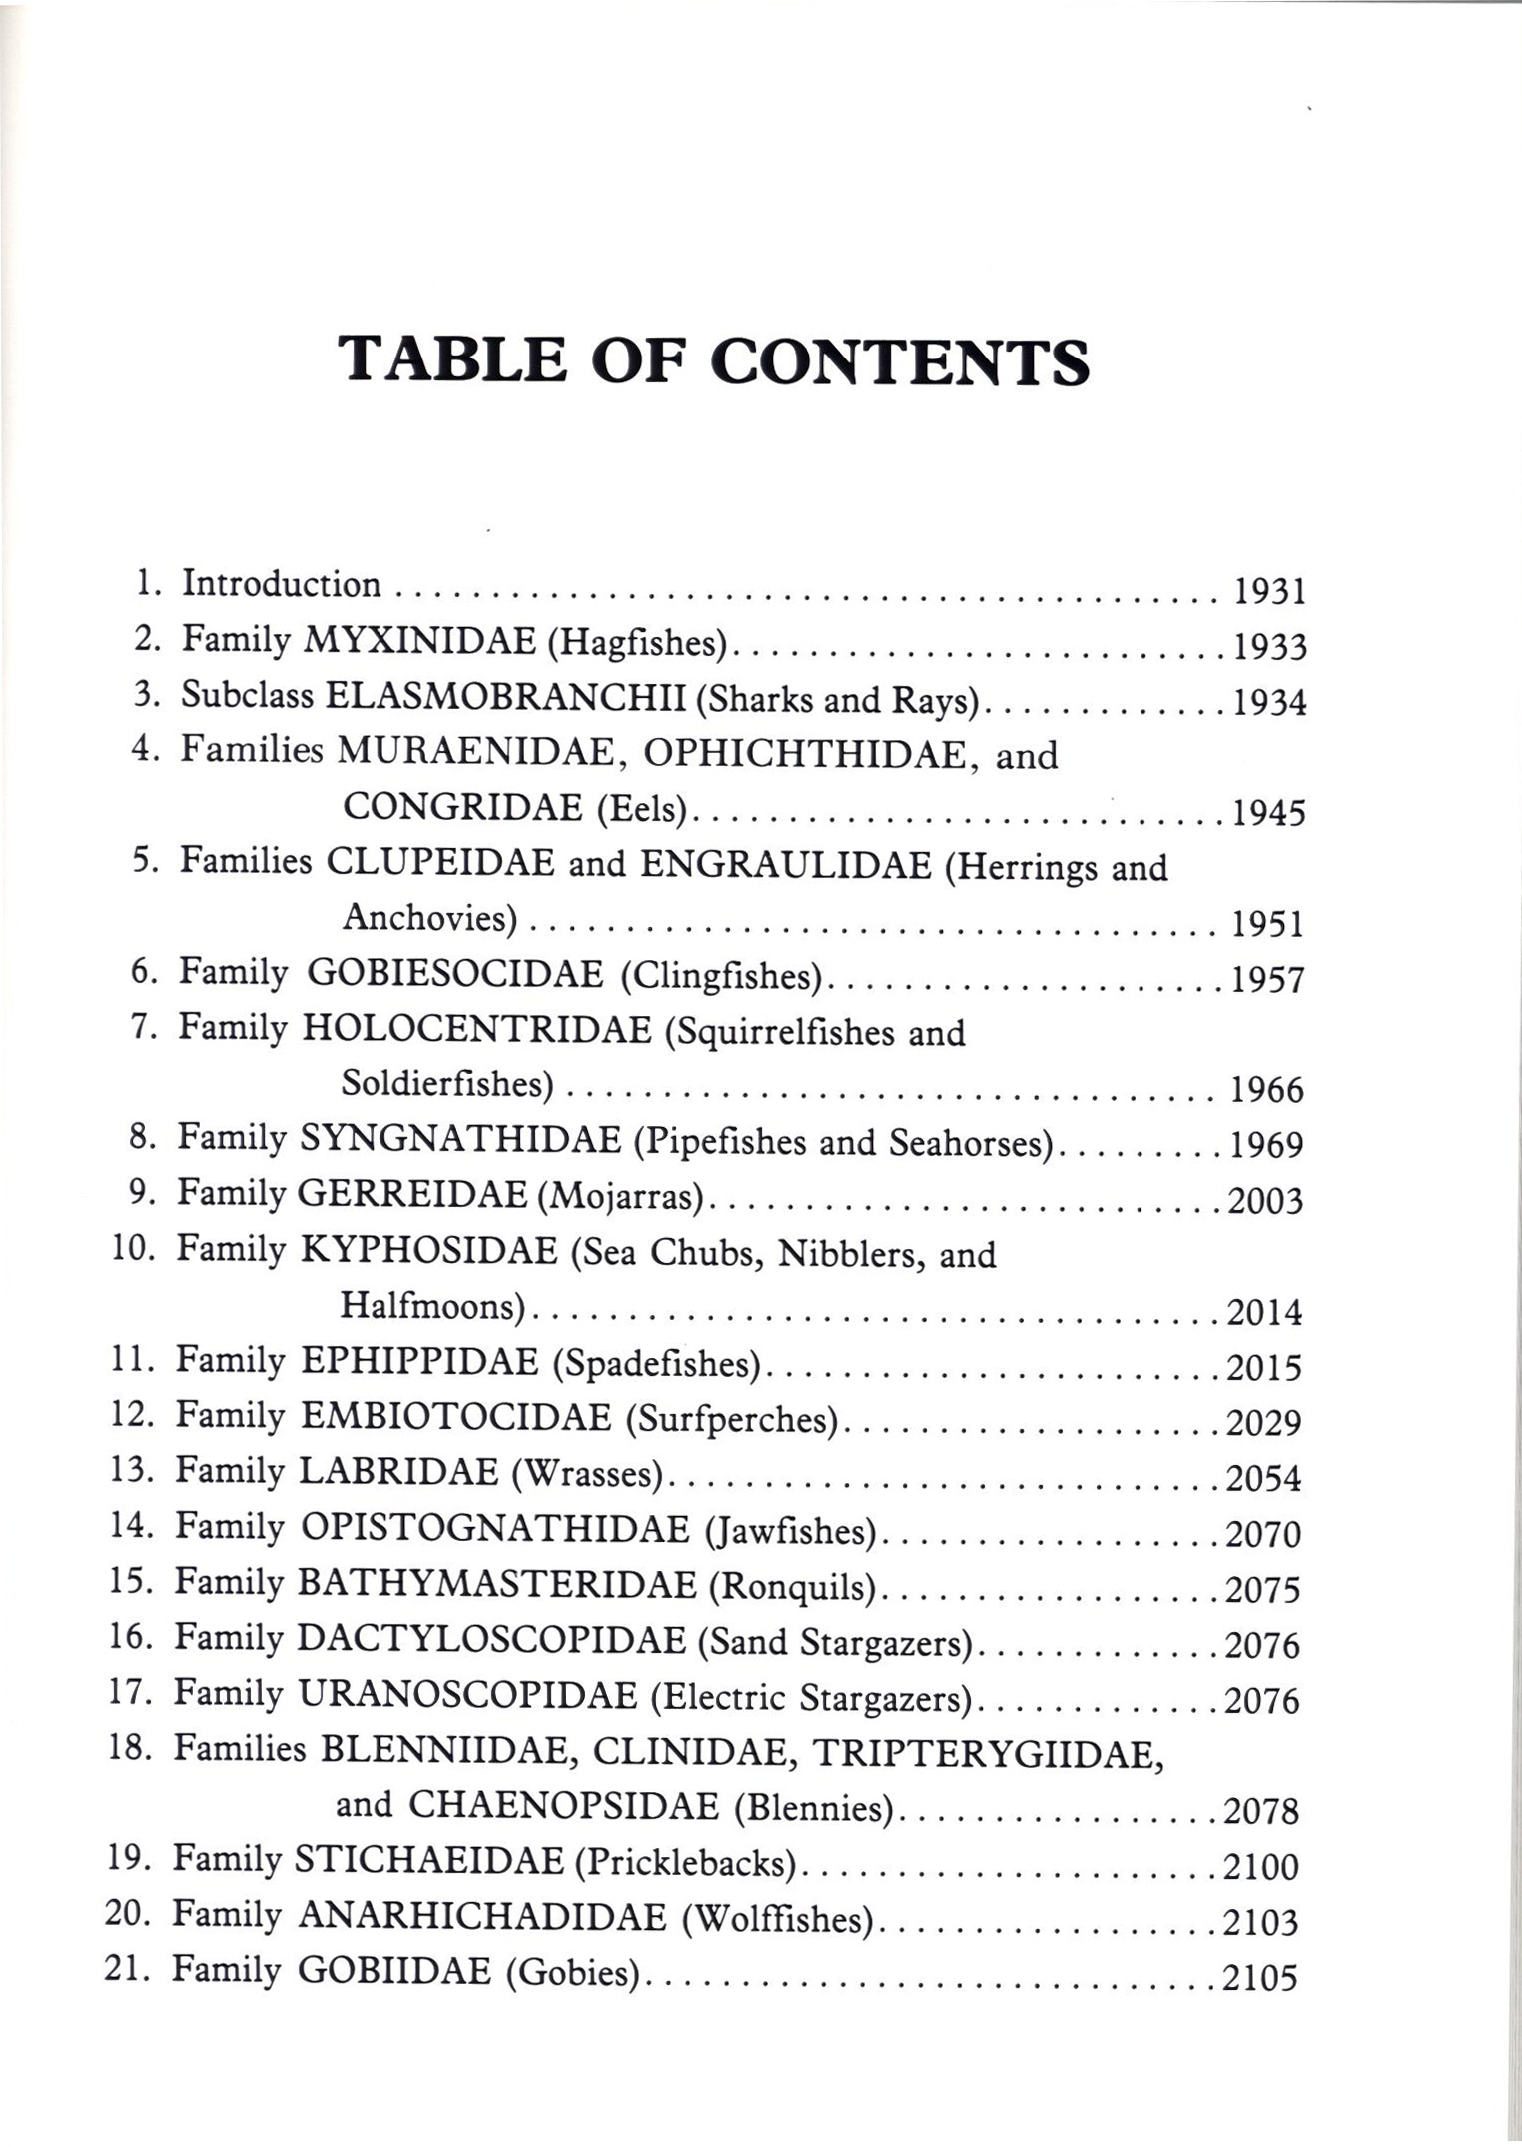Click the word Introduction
[x=281, y=584]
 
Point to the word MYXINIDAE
[x=418, y=640]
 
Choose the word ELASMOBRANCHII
[x=505, y=696]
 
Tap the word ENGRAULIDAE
[x=785, y=864]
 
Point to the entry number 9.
[x=141, y=1192]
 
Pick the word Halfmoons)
[x=433, y=1306]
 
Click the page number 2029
[x=1264, y=1423]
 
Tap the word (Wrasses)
[x=586, y=1473]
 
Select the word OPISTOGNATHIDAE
[x=494, y=1529]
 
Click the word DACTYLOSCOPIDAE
[x=491, y=1640]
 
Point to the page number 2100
[x=1261, y=1866]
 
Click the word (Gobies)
[x=572, y=1973]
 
